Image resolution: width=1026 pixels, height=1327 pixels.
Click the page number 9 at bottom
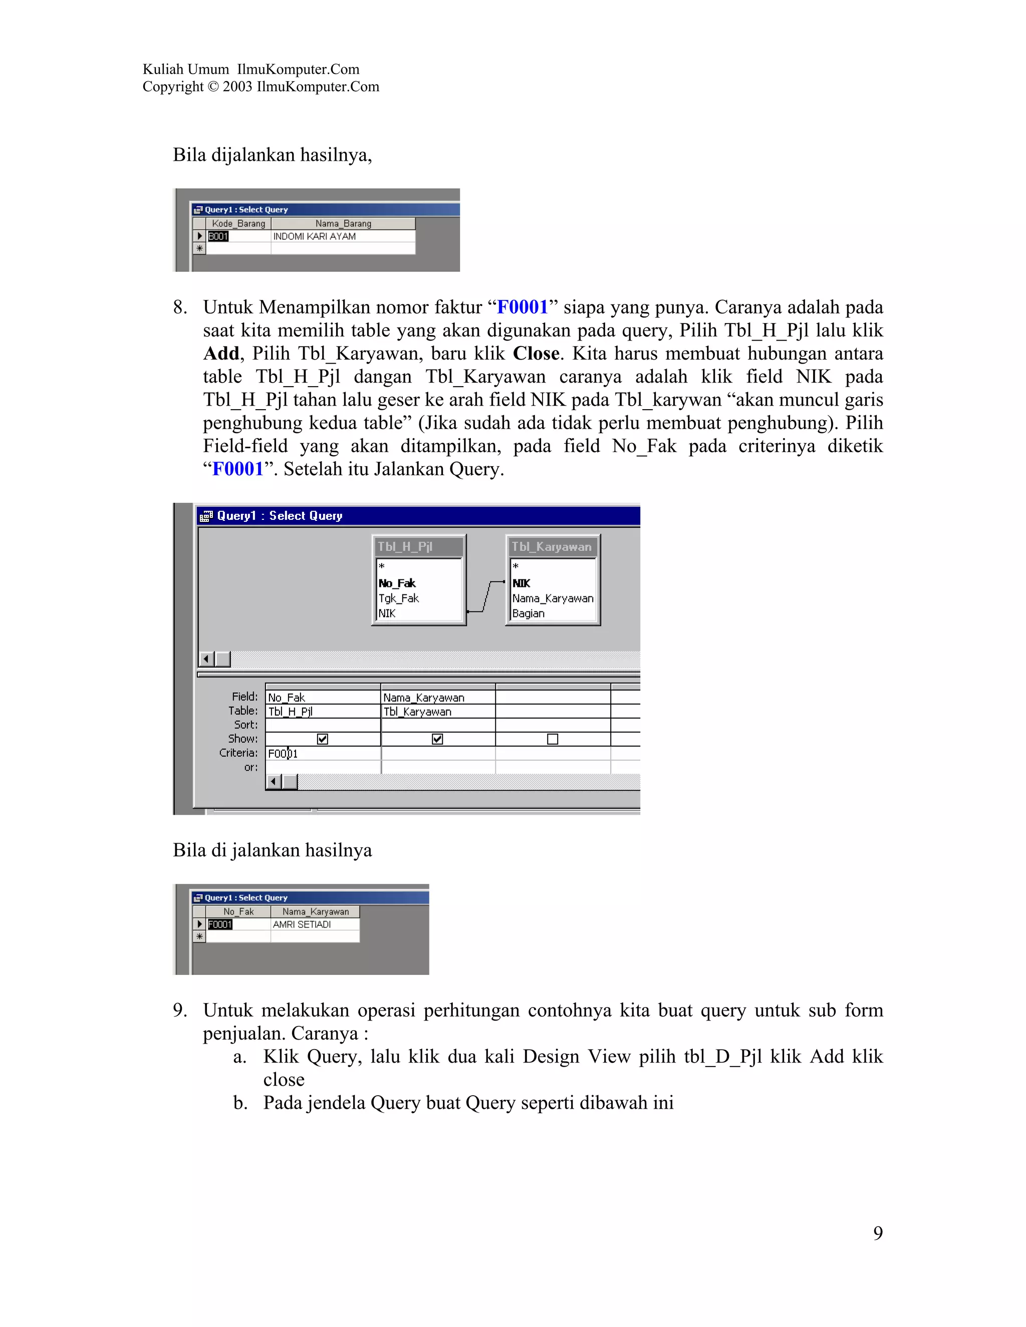(x=878, y=1233)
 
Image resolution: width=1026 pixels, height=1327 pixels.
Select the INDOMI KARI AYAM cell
(x=314, y=236)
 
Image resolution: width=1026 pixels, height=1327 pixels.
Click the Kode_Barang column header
(x=238, y=224)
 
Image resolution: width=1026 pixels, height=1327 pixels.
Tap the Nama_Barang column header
(x=343, y=224)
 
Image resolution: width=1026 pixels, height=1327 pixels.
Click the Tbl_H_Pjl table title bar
(x=418, y=546)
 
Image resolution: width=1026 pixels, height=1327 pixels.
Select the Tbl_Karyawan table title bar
(x=552, y=546)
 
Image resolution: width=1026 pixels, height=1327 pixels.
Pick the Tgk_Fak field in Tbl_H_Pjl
(x=399, y=598)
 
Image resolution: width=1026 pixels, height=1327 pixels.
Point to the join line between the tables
(x=487, y=597)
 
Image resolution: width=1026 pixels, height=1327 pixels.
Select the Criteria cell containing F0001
(x=323, y=754)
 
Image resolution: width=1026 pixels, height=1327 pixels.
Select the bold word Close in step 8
(x=536, y=354)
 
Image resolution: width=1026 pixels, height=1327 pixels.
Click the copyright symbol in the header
(x=213, y=87)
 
